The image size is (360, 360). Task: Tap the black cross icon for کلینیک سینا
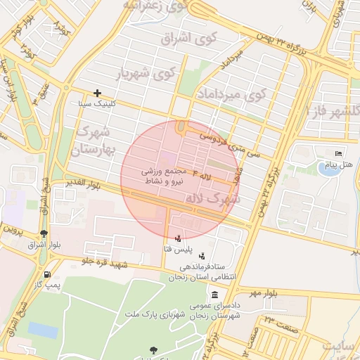(97, 93)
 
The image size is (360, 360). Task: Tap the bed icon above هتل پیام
(339, 154)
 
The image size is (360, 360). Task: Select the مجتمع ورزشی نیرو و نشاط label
(169, 176)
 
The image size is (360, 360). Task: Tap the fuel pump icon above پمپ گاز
(47, 274)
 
